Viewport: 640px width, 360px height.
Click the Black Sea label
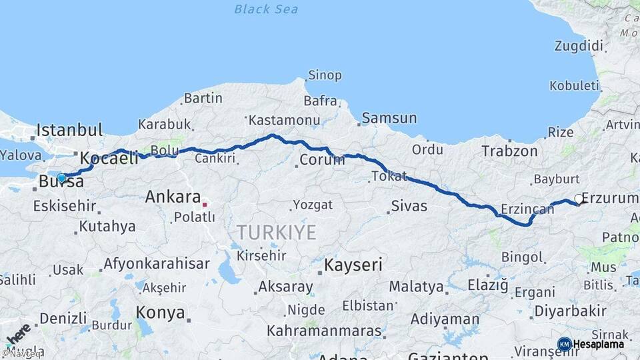point(266,9)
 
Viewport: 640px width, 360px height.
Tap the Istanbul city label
point(70,129)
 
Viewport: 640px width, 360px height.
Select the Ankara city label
point(173,197)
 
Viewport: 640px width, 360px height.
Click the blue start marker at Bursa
point(61,178)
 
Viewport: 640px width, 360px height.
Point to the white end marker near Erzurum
point(578,199)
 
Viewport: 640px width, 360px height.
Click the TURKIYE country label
point(276,232)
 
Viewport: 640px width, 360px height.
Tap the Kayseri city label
point(353,265)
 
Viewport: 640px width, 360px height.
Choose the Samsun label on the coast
point(389,119)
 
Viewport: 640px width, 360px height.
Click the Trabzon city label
point(509,151)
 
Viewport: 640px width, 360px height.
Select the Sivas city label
point(409,205)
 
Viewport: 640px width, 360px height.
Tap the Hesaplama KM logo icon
point(564,344)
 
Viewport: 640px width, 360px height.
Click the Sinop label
point(325,76)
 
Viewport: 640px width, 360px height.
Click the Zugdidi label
point(579,46)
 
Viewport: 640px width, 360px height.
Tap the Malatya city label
point(416,287)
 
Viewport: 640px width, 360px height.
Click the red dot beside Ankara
point(205,205)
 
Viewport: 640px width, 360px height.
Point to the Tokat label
point(389,176)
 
